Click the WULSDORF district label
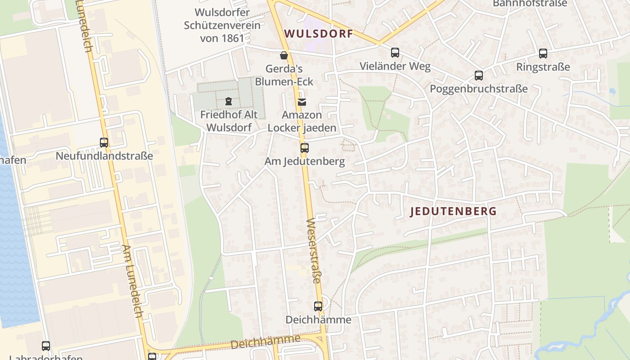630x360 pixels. (319, 34)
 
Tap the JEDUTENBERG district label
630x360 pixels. (454, 211)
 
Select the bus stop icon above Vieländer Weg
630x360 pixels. (395, 53)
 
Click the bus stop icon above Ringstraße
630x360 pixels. (543, 54)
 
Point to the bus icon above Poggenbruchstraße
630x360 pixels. (479, 76)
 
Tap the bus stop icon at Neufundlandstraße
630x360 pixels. (104, 143)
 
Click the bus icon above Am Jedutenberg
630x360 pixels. (305, 148)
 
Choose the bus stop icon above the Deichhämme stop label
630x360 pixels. (318, 306)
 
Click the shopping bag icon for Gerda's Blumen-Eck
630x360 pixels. (284, 55)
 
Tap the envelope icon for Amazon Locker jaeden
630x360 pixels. (302, 102)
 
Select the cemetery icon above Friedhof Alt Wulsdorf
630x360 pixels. (229, 101)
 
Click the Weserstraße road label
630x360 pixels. (314, 251)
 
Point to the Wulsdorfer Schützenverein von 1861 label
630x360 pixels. (222, 25)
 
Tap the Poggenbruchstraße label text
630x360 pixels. (479, 89)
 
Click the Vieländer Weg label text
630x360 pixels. (395, 67)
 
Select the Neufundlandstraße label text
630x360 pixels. (104, 156)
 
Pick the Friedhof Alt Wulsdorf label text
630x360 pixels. (229, 121)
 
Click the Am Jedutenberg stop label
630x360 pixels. (305, 161)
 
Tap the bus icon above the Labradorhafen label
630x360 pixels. (46, 346)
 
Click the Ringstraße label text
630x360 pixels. (543, 67)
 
